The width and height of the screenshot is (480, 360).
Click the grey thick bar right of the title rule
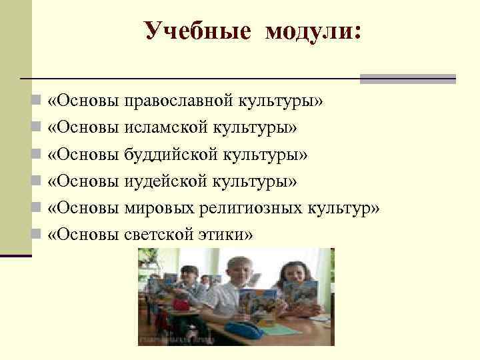coord(407,79)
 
